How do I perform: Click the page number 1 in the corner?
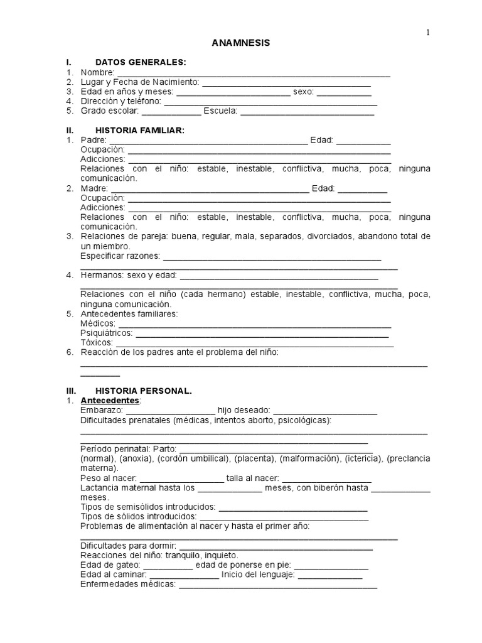(429, 33)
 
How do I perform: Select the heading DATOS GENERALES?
(140, 62)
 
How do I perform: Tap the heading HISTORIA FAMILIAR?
(139, 130)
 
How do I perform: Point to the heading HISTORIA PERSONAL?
(143, 391)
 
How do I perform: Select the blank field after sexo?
(343, 92)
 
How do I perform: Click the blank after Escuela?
(307, 112)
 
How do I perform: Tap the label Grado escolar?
(110, 111)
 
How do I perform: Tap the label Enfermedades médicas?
(128, 584)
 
